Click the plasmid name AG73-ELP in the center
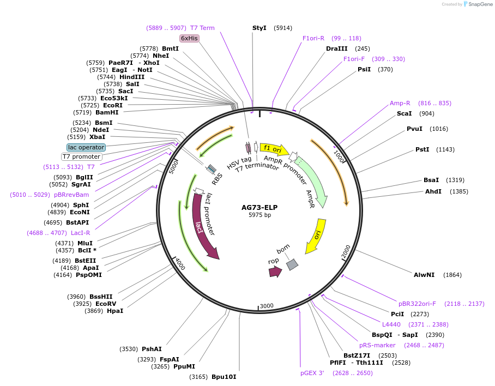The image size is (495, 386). point(259,207)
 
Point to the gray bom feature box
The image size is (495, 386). point(293,264)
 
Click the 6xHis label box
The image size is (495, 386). point(190,38)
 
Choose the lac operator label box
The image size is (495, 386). point(86,147)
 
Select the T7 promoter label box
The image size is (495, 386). point(81,157)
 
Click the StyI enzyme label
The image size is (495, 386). point(259,27)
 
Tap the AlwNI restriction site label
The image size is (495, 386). point(424,275)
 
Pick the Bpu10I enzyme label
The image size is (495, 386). point(224,377)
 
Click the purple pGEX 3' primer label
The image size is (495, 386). point(312,373)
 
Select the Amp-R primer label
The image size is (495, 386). point(400,103)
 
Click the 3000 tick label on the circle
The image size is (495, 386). point(266,306)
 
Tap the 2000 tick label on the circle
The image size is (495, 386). point(346,251)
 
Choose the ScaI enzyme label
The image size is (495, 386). point(404,113)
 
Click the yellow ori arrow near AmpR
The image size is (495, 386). point(316,236)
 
